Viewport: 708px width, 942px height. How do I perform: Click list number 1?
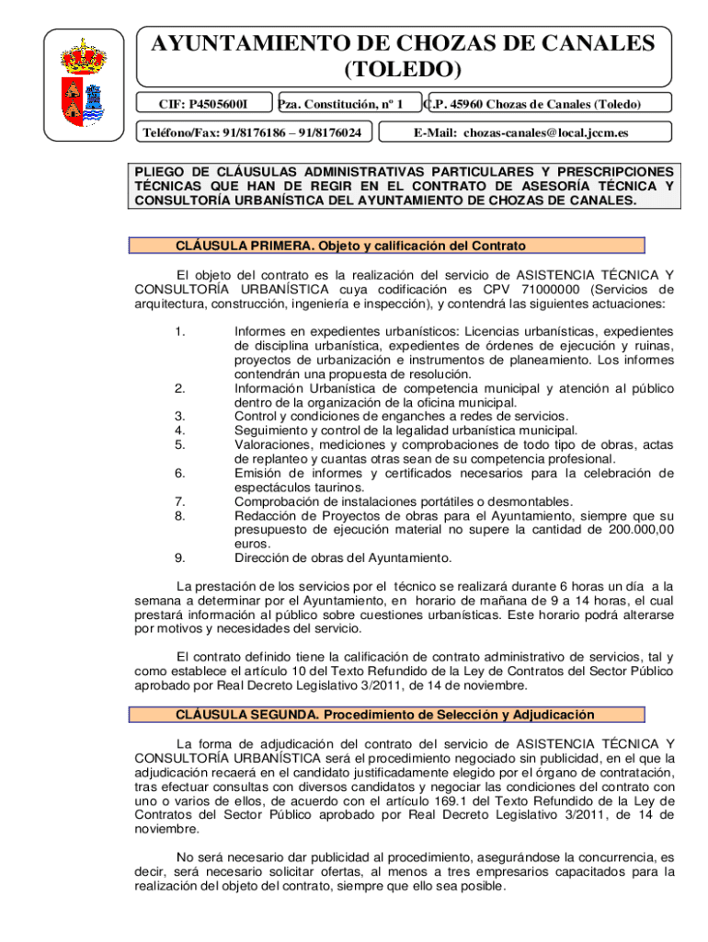(180, 331)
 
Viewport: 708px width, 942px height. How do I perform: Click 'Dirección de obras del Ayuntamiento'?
(343, 557)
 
